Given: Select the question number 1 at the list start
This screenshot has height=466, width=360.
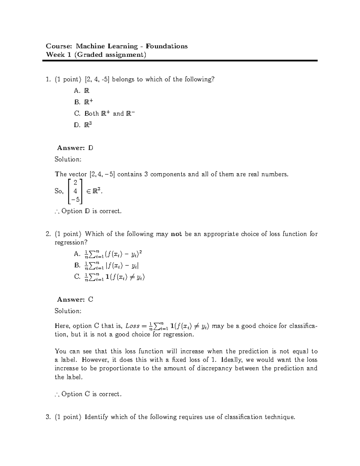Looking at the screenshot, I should point(47,80).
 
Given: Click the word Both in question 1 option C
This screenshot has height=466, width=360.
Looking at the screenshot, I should point(91,114).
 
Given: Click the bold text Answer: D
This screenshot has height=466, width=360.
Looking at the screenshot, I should point(75,148).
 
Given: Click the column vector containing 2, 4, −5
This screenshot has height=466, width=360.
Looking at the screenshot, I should point(75,191).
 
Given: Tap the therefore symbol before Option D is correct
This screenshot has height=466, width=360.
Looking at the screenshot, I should point(57,212).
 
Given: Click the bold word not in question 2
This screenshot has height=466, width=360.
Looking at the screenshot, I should point(176,234).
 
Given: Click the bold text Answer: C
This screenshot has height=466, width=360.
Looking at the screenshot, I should point(75,299).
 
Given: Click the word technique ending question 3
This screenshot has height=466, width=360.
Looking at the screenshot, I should point(280,417).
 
